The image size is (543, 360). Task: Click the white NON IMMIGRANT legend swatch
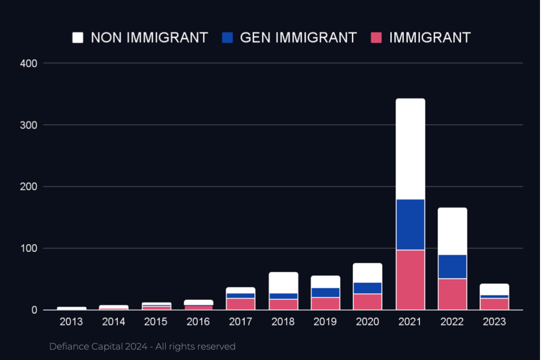pos(78,38)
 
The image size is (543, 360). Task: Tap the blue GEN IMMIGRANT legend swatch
pos(227,38)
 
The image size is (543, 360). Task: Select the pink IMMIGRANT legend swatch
pos(376,38)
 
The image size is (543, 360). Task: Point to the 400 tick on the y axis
pos(29,64)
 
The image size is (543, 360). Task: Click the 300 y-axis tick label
pos(29,125)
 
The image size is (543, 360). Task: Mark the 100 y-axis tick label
pos(29,248)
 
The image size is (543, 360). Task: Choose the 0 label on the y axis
pos(34,310)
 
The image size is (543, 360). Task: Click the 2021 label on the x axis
pos(410,322)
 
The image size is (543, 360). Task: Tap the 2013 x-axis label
pos(71,322)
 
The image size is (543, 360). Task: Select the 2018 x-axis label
pos(283,322)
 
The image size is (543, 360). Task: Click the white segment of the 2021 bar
pos(410,149)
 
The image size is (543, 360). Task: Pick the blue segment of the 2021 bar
pos(410,225)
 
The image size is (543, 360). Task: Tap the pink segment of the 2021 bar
pos(410,280)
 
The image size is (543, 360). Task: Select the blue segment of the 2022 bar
pos(452,267)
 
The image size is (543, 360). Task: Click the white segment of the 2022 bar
pos(452,231)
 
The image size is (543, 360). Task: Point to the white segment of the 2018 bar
pos(284,283)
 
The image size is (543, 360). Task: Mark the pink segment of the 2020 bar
pos(368,302)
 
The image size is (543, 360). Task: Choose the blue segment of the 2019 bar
pos(326,293)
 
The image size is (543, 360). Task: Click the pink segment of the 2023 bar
pos(495,304)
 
